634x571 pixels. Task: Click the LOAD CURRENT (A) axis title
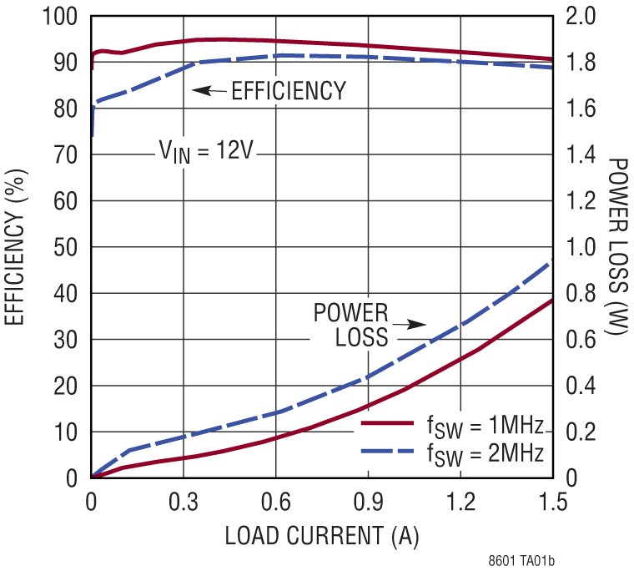pos(322,536)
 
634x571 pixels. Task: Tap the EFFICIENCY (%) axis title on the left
pos(16,248)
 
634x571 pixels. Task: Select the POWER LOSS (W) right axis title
pos(617,248)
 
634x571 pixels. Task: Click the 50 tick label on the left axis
pos(66,248)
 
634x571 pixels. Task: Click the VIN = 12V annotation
pos(206,152)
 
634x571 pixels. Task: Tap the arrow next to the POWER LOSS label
pos(410,325)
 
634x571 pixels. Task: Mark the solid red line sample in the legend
pos(387,424)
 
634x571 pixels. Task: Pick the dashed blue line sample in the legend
pos(387,451)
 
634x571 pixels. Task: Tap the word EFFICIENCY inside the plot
pos(289,90)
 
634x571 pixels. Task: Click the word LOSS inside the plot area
pos(362,338)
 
